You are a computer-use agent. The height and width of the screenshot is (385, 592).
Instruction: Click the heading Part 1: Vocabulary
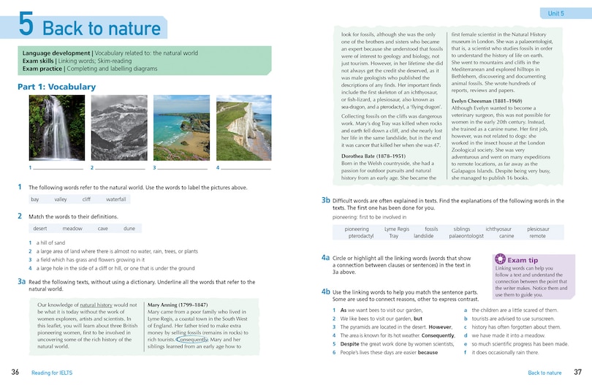pos(56,87)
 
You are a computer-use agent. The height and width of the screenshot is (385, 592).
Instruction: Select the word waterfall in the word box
pos(115,199)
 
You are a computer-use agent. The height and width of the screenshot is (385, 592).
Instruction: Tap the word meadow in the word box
pos(72,229)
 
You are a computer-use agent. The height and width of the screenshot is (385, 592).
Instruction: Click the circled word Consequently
pos(193,340)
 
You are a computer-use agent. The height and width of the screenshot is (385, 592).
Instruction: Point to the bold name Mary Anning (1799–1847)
pos(178,305)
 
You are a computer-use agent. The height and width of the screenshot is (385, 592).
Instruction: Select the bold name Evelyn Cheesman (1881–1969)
pos(487,100)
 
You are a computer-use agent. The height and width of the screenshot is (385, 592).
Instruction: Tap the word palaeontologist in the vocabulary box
pos(466,236)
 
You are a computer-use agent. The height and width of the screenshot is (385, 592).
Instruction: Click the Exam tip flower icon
pos(500,259)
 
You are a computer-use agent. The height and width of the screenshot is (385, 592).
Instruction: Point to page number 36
pos(15,373)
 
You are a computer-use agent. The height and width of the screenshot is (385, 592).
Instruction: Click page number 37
pos(577,373)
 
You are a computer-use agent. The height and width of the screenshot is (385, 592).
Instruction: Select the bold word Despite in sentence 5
pos(351,343)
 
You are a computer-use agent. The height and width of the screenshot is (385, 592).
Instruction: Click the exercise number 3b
pos(326,199)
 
